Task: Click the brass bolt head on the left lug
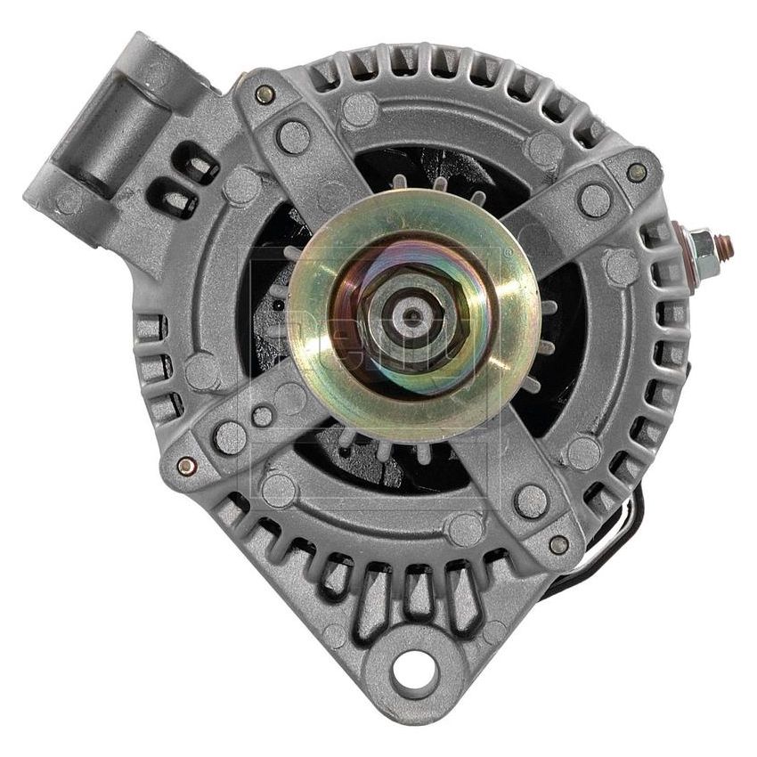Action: (184, 465)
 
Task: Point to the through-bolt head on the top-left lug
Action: (263, 94)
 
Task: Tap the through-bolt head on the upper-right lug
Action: (637, 172)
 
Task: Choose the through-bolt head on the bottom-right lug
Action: (558, 543)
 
